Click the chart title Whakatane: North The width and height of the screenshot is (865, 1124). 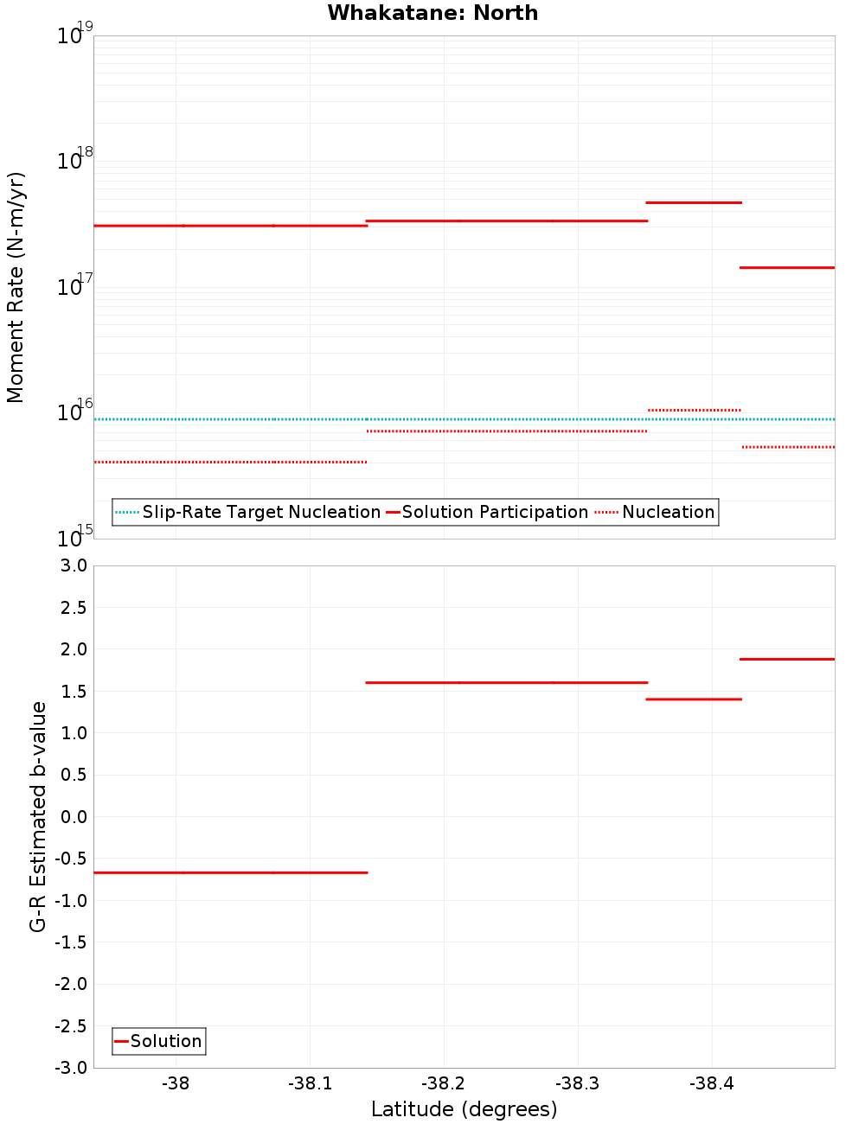coord(432,13)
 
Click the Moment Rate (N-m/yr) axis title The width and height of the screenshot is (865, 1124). coord(16,287)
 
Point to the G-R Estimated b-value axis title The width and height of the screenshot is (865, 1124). coord(38,816)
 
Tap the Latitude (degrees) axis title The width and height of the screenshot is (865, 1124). coord(464,1109)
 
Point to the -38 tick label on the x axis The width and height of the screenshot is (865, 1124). coord(176,1084)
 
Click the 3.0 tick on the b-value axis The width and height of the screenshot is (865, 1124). coord(71,565)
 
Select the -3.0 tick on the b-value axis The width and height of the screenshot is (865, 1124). coord(71,1068)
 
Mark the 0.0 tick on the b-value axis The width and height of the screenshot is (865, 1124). coord(74,816)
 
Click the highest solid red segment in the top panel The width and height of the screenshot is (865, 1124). coord(694,202)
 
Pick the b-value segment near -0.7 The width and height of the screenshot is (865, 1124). coord(230,872)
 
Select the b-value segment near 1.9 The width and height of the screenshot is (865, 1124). coord(787,659)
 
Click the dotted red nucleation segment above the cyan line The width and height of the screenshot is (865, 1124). coord(694,410)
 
